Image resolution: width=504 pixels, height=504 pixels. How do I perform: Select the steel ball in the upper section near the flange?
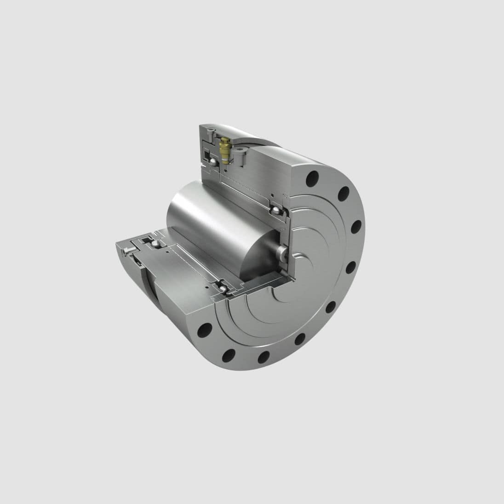click(x=275, y=211)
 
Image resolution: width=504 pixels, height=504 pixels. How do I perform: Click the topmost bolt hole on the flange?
click(x=314, y=176)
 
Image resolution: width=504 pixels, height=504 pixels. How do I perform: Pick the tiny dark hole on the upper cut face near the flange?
click(x=273, y=195)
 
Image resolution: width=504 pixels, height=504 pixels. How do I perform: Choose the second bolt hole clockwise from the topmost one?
click(x=343, y=195)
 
